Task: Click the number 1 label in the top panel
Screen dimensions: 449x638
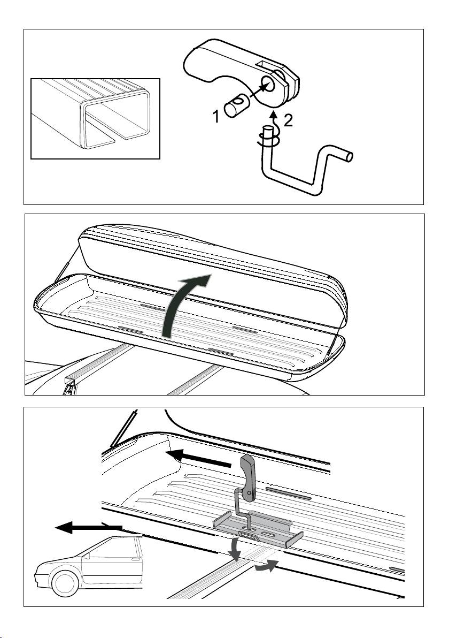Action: click(x=216, y=117)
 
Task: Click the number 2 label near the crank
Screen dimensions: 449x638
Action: click(x=288, y=120)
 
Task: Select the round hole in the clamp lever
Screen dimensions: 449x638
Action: click(x=268, y=86)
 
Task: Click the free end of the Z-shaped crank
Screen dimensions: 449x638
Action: click(x=348, y=157)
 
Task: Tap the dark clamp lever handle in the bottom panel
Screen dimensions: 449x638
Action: click(x=248, y=477)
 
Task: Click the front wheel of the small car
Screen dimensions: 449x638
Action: click(x=65, y=583)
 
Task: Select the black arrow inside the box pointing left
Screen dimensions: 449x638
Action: click(x=198, y=458)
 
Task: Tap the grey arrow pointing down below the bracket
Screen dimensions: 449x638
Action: click(x=234, y=550)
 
